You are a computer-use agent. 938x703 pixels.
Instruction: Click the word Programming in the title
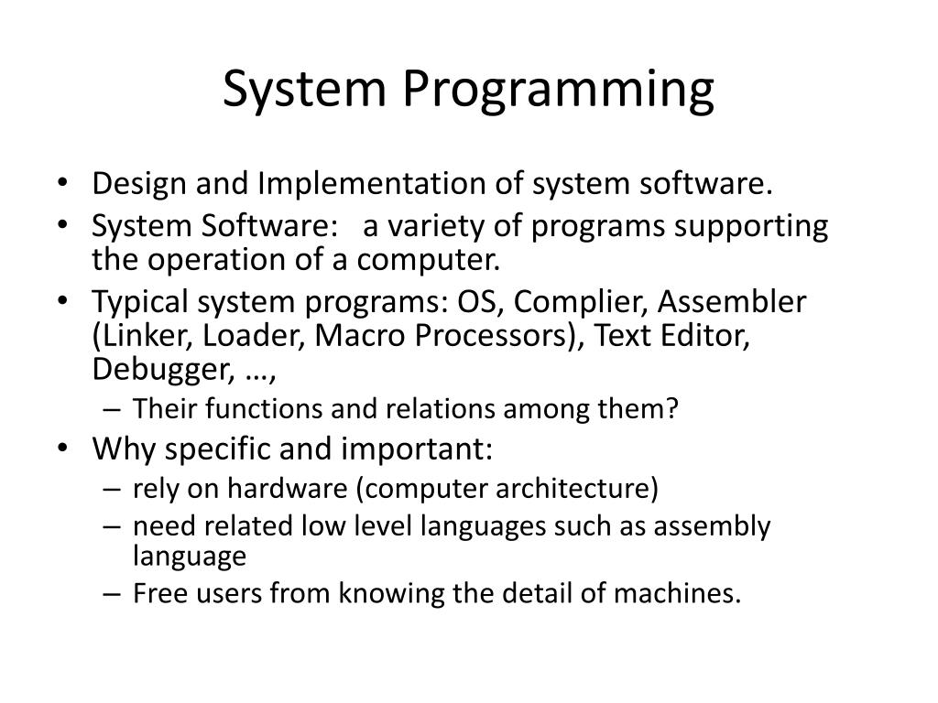tap(558, 91)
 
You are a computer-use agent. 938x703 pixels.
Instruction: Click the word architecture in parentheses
tap(593, 488)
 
